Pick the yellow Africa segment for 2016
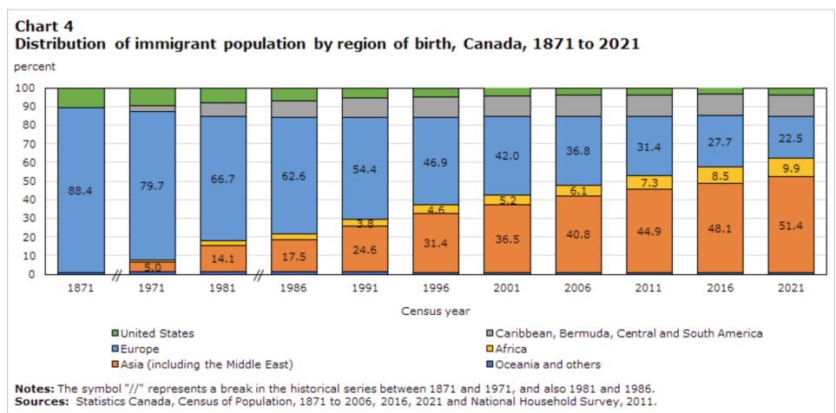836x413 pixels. (720, 174)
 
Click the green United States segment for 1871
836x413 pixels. (81, 97)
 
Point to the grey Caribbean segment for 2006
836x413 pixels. (578, 105)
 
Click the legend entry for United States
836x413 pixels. (157, 333)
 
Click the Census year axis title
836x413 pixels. (435, 311)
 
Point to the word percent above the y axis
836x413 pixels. (35, 66)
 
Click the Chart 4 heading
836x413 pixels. (43, 25)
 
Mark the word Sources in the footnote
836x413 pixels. (41, 401)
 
